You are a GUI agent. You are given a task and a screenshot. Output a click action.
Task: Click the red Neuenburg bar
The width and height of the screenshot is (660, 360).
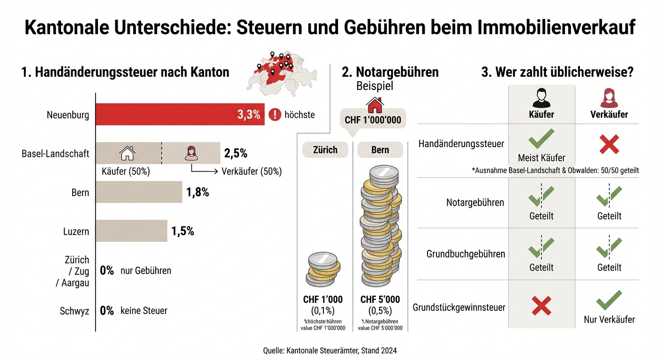tap(180, 114)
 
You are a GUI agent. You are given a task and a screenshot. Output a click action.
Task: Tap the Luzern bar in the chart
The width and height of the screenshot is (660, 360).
tap(131, 231)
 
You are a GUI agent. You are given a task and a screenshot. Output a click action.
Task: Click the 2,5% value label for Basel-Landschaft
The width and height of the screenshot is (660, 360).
tap(235, 153)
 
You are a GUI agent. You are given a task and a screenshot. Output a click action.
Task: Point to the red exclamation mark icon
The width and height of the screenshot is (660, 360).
tap(275, 114)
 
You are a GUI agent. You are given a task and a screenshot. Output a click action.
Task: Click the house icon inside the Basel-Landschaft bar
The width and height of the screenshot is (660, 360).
tap(127, 153)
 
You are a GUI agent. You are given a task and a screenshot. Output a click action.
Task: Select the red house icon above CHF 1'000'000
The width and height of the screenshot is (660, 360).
tap(375, 105)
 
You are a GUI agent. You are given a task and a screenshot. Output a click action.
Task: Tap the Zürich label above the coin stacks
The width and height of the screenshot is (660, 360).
tap(325, 150)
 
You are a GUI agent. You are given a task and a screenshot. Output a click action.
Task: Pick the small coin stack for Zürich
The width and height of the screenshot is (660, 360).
tap(323, 270)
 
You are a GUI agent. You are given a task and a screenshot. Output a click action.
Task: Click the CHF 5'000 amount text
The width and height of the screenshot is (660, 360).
tap(380, 300)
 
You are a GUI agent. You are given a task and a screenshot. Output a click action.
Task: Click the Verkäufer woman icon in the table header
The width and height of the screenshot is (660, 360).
tap(609, 98)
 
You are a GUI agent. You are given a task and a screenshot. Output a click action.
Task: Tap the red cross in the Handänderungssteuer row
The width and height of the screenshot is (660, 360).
tap(609, 143)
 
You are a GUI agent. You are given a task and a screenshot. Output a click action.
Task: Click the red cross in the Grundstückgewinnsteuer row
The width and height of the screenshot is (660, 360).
tap(541, 306)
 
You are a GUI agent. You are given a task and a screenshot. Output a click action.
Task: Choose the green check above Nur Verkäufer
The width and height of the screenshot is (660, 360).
tap(609, 300)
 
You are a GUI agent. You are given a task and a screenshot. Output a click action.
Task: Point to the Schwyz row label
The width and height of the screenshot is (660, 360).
tap(74, 311)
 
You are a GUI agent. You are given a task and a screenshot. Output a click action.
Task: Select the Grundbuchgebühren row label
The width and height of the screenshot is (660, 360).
tap(465, 254)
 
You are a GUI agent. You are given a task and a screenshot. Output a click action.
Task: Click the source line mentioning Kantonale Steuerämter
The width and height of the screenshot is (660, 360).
tap(330, 350)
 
